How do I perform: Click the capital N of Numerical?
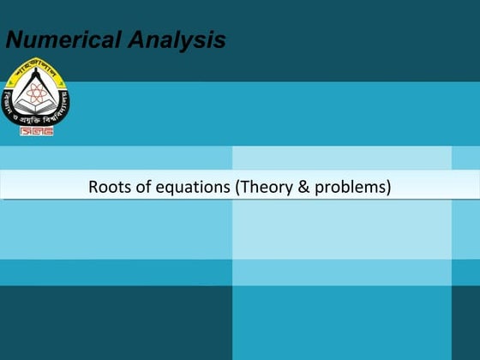[x=15, y=39]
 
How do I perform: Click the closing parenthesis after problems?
[x=388, y=187]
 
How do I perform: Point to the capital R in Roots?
[x=93, y=186]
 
